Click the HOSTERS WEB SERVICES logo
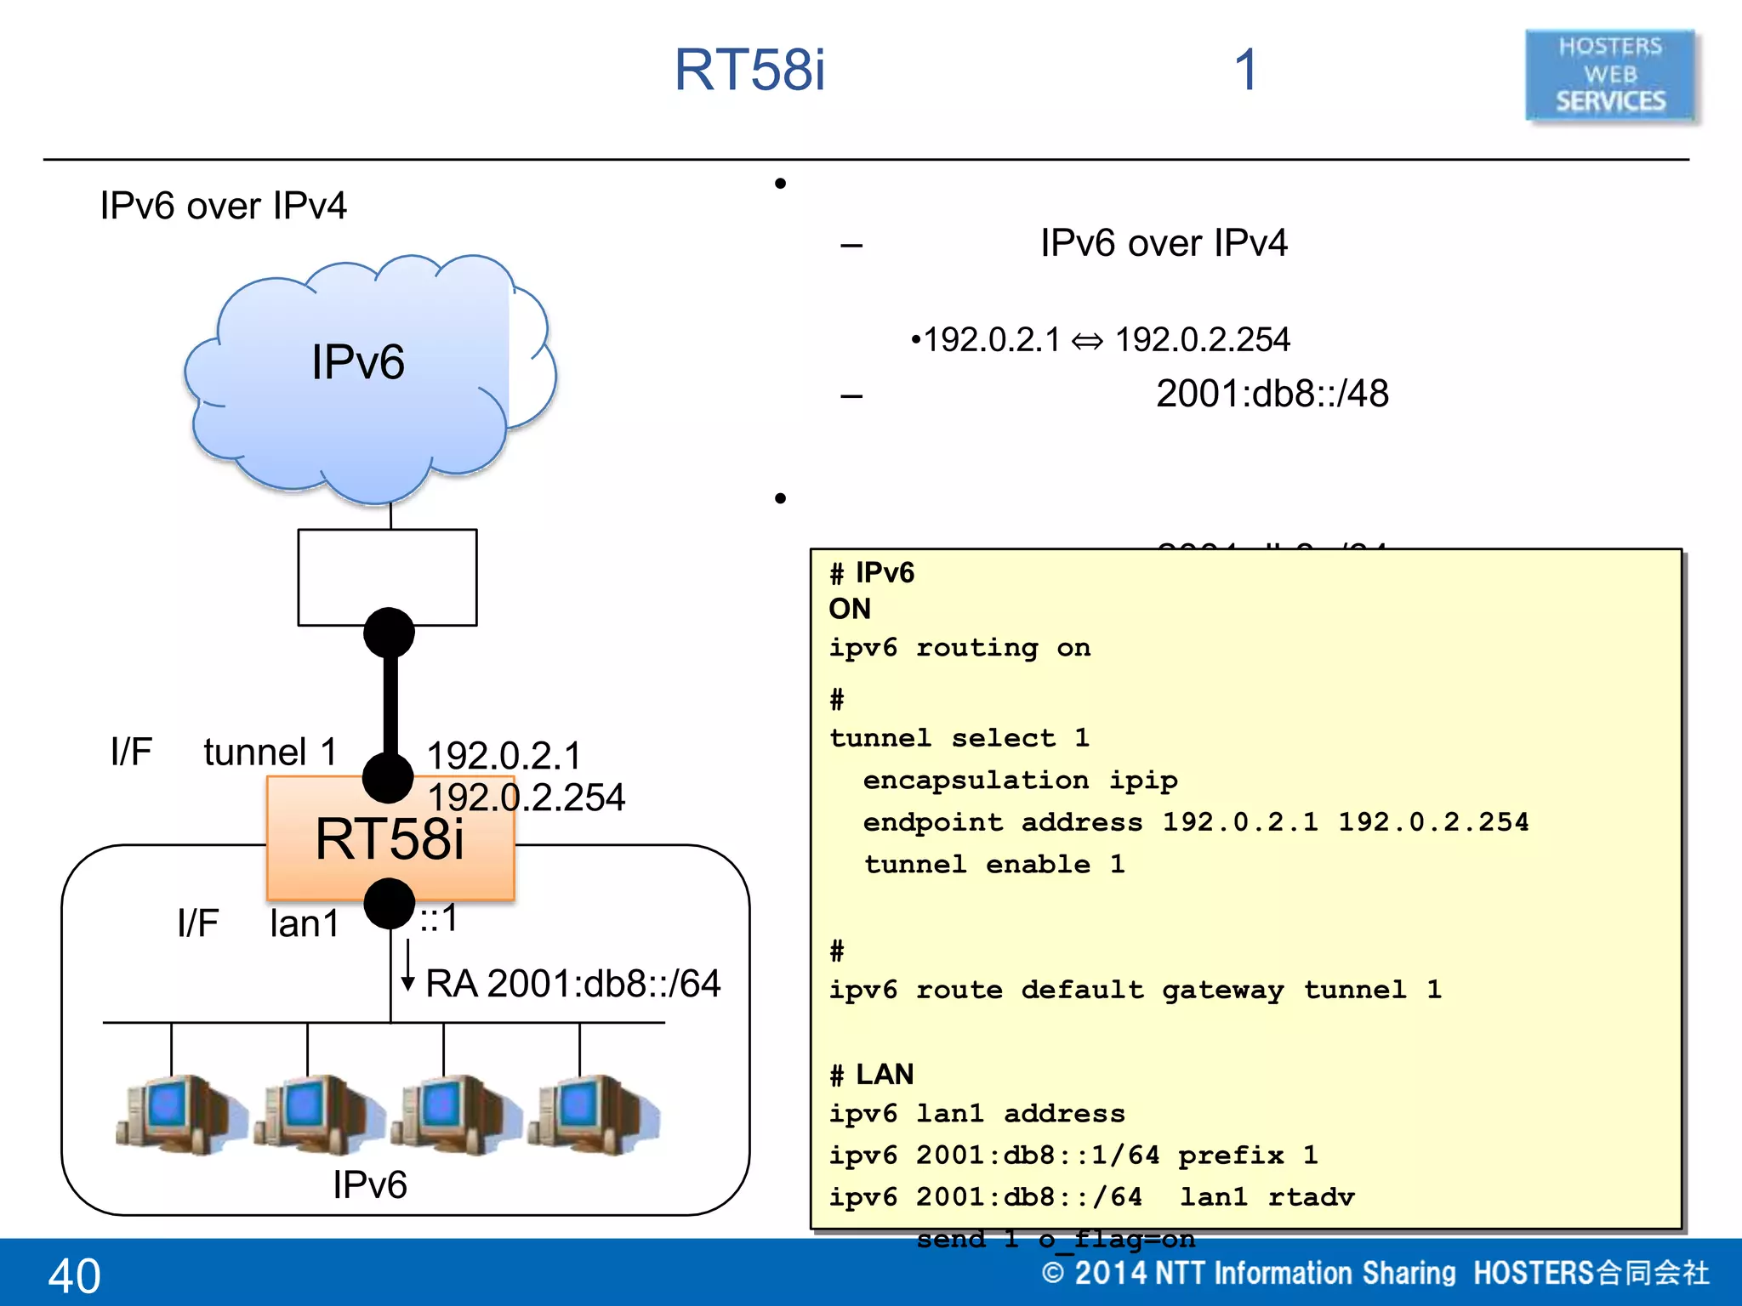pos(1610,75)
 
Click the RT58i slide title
pos(749,70)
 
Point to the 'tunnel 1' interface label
pos(270,752)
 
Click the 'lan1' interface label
pos(304,923)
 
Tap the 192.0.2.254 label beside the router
pos(526,798)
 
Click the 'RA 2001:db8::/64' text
pos(572,984)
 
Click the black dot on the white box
pos(389,633)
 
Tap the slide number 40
pos(75,1275)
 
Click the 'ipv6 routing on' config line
pos(959,648)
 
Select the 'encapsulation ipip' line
pos(1019,780)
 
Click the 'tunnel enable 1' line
pos(993,865)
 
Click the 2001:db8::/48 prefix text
pos(1272,394)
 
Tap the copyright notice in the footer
pos(1374,1273)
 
